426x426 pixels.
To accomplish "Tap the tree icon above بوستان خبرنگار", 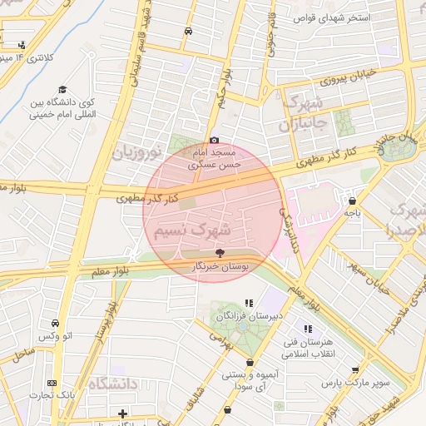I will pos(220,252).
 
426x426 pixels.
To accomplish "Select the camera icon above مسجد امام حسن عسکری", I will pos(215,141).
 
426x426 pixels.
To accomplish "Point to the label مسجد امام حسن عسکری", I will pos(215,159).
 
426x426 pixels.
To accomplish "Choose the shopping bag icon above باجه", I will pos(353,201).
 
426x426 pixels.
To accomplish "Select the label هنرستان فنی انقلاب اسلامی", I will pos(308,348).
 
